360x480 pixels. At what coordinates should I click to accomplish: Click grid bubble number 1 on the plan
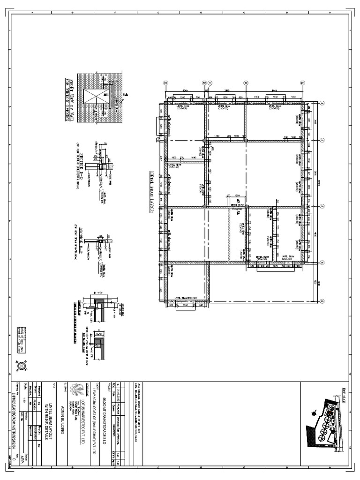pos(322,102)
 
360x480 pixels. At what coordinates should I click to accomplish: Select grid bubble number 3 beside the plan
pos(322,206)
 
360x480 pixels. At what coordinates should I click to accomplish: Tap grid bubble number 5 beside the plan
pos(322,301)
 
